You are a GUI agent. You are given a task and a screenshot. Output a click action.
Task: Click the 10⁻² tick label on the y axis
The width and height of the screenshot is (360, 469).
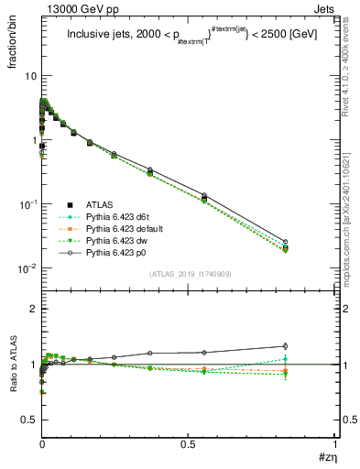(26, 269)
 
